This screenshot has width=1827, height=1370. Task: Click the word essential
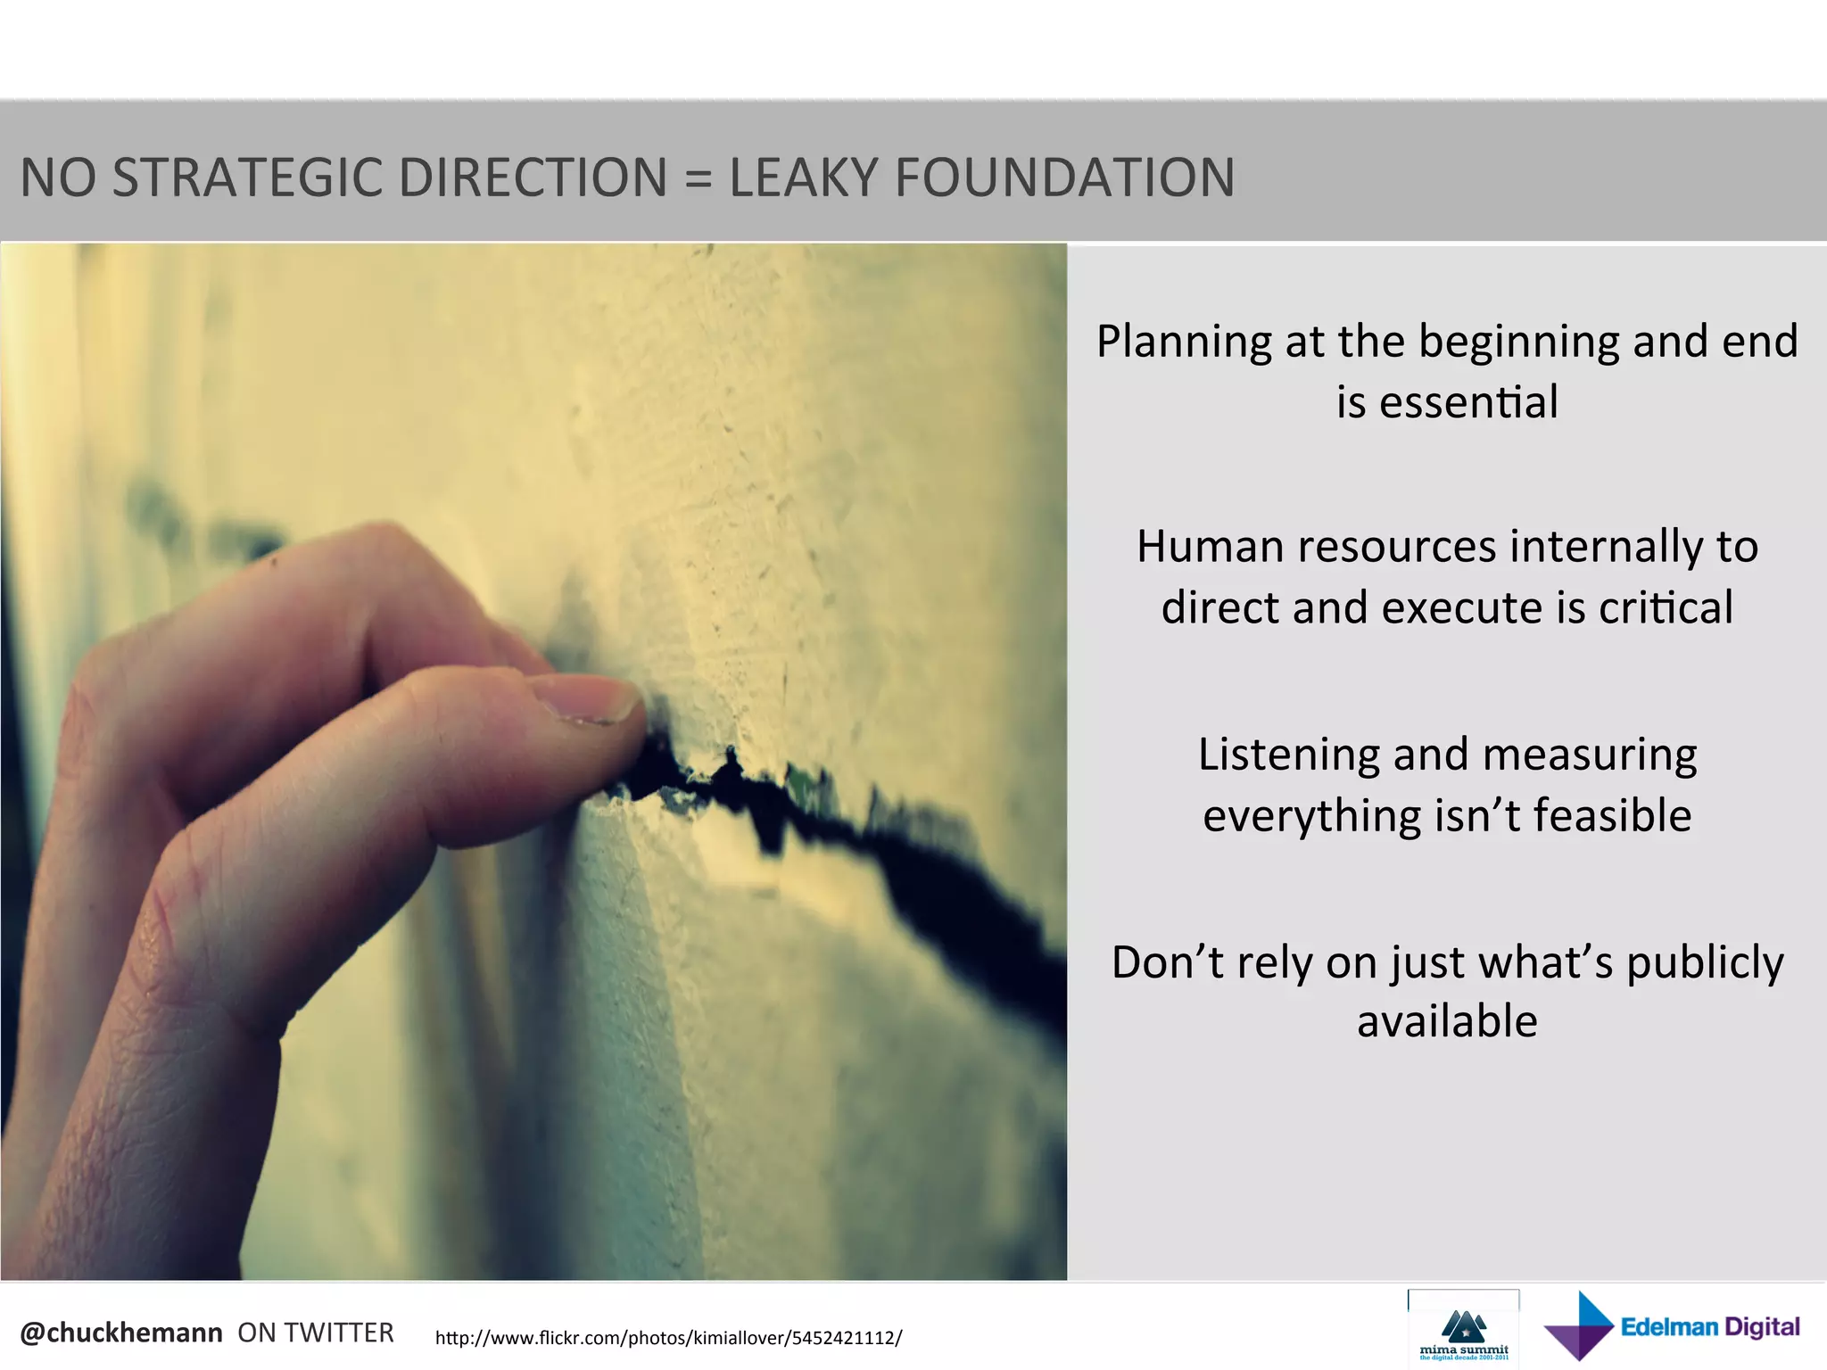coord(1468,402)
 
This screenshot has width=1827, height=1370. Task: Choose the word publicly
coord(1704,964)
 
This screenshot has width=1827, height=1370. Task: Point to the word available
coord(1447,1021)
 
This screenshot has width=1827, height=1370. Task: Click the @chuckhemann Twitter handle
coord(121,1333)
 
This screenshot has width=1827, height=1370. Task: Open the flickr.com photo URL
coord(668,1338)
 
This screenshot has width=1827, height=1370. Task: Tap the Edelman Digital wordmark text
coord(1709,1327)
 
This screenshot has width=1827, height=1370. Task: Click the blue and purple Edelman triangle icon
coord(1579,1327)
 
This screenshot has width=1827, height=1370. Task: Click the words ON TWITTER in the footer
coord(315,1333)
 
